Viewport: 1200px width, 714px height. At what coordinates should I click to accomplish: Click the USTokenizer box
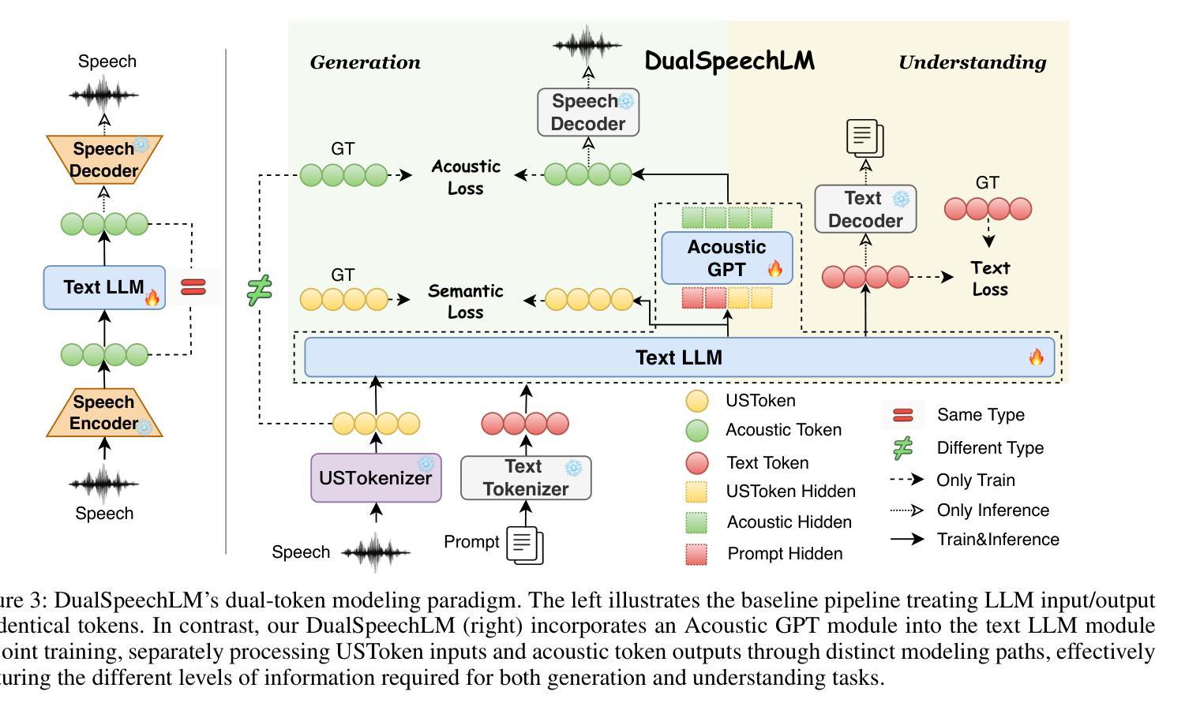376,477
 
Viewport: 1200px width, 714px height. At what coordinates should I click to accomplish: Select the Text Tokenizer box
526,477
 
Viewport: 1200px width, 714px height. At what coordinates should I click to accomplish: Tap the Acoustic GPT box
726,258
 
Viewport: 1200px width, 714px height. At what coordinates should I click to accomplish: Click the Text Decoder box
865,209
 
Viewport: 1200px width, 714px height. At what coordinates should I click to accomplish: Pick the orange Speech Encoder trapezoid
104,412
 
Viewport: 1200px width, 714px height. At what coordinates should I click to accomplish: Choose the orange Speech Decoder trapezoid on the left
104,159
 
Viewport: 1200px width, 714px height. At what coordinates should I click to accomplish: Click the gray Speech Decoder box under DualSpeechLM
588,112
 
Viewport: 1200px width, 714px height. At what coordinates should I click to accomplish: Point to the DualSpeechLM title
729,61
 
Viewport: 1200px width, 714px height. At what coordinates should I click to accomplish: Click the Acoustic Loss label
466,177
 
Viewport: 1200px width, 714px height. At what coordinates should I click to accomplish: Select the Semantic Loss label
465,301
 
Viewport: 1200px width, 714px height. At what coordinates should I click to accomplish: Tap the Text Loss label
990,278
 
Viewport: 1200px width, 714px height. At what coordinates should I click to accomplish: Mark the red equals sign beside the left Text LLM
193,287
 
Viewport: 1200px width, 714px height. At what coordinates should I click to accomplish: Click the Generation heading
365,62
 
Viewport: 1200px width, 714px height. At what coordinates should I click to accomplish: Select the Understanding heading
972,62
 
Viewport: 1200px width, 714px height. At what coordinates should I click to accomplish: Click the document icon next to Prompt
525,545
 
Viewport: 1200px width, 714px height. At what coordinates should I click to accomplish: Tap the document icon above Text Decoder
865,138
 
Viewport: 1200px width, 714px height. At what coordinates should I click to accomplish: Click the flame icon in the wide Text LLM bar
1037,357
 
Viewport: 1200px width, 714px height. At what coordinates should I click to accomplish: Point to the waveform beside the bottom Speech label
376,552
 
